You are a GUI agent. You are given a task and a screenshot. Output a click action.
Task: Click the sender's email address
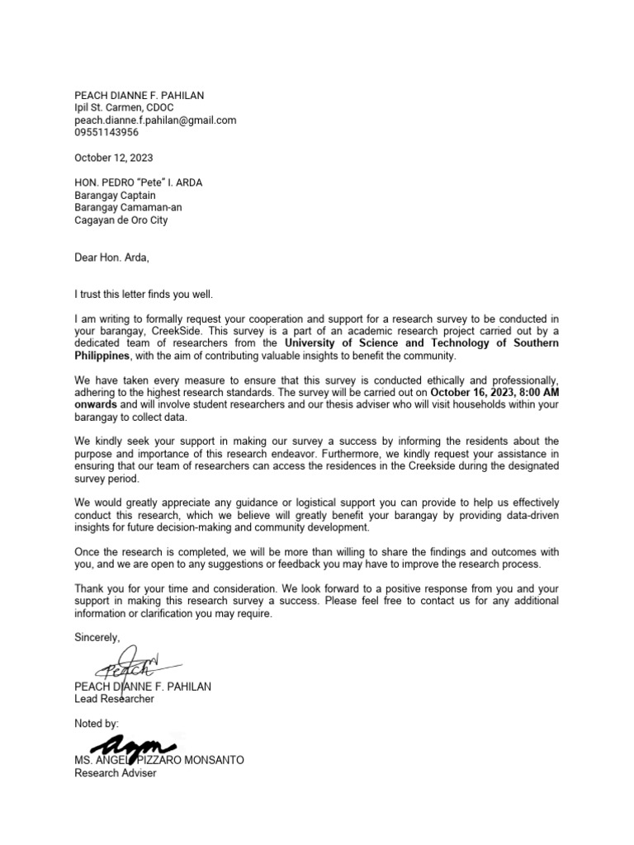(x=155, y=120)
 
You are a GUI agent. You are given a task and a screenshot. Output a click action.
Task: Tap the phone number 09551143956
(x=106, y=132)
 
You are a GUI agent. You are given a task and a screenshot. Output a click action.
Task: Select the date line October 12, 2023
(x=113, y=158)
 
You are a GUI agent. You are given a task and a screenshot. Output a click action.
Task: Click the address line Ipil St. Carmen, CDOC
(x=124, y=107)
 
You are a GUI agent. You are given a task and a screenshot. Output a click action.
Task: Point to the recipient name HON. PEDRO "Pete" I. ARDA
(x=140, y=183)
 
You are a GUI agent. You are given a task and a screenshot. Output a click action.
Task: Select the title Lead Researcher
(x=114, y=699)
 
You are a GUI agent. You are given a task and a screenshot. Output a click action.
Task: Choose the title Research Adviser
(x=115, y=773)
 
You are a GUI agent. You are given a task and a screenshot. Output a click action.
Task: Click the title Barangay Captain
(x=113, y=196)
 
